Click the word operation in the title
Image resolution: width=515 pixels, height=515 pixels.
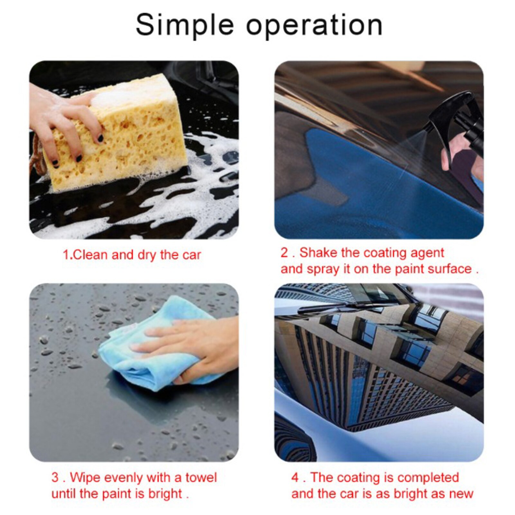(x=314, y=26)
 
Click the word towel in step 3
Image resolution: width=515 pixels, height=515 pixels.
(x=201, y=477)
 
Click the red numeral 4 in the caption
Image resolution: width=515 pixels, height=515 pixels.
(x=295, y=478)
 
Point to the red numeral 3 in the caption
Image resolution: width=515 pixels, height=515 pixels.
(x=55, y=478)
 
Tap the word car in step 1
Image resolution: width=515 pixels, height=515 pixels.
(x=192, y=255)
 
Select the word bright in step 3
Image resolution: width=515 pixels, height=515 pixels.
(x=165, y=493)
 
